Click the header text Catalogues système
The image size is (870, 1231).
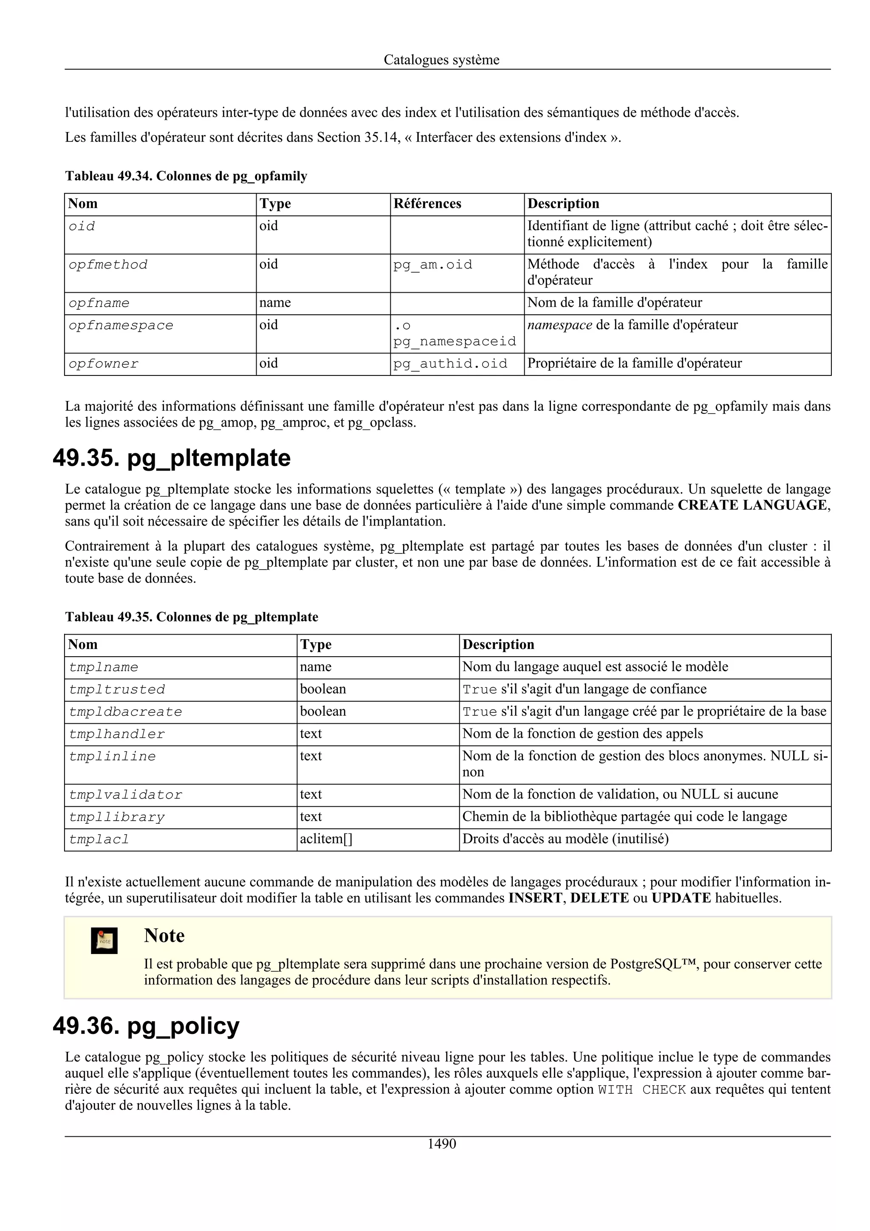point(441,59)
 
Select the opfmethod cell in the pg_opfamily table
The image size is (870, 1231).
point(108,265)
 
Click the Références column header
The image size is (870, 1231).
point(427,204)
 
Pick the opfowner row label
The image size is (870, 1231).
point(104,364)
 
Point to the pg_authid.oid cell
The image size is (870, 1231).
point(450,364)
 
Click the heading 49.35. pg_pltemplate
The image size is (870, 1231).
point(172,458)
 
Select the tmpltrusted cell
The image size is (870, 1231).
point(117,689)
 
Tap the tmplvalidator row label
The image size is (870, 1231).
point(125,795)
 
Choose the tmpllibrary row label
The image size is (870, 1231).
point(117,817)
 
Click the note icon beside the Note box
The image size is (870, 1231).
point(104,940)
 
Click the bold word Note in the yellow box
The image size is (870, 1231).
point(164,936)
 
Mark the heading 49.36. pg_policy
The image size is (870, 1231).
point(146,1026)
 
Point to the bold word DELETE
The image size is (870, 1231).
point(599,898)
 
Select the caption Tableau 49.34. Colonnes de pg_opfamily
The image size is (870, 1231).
point(186,176)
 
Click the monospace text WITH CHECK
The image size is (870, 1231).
point(641,1090)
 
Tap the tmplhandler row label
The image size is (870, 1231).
point(117,734)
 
